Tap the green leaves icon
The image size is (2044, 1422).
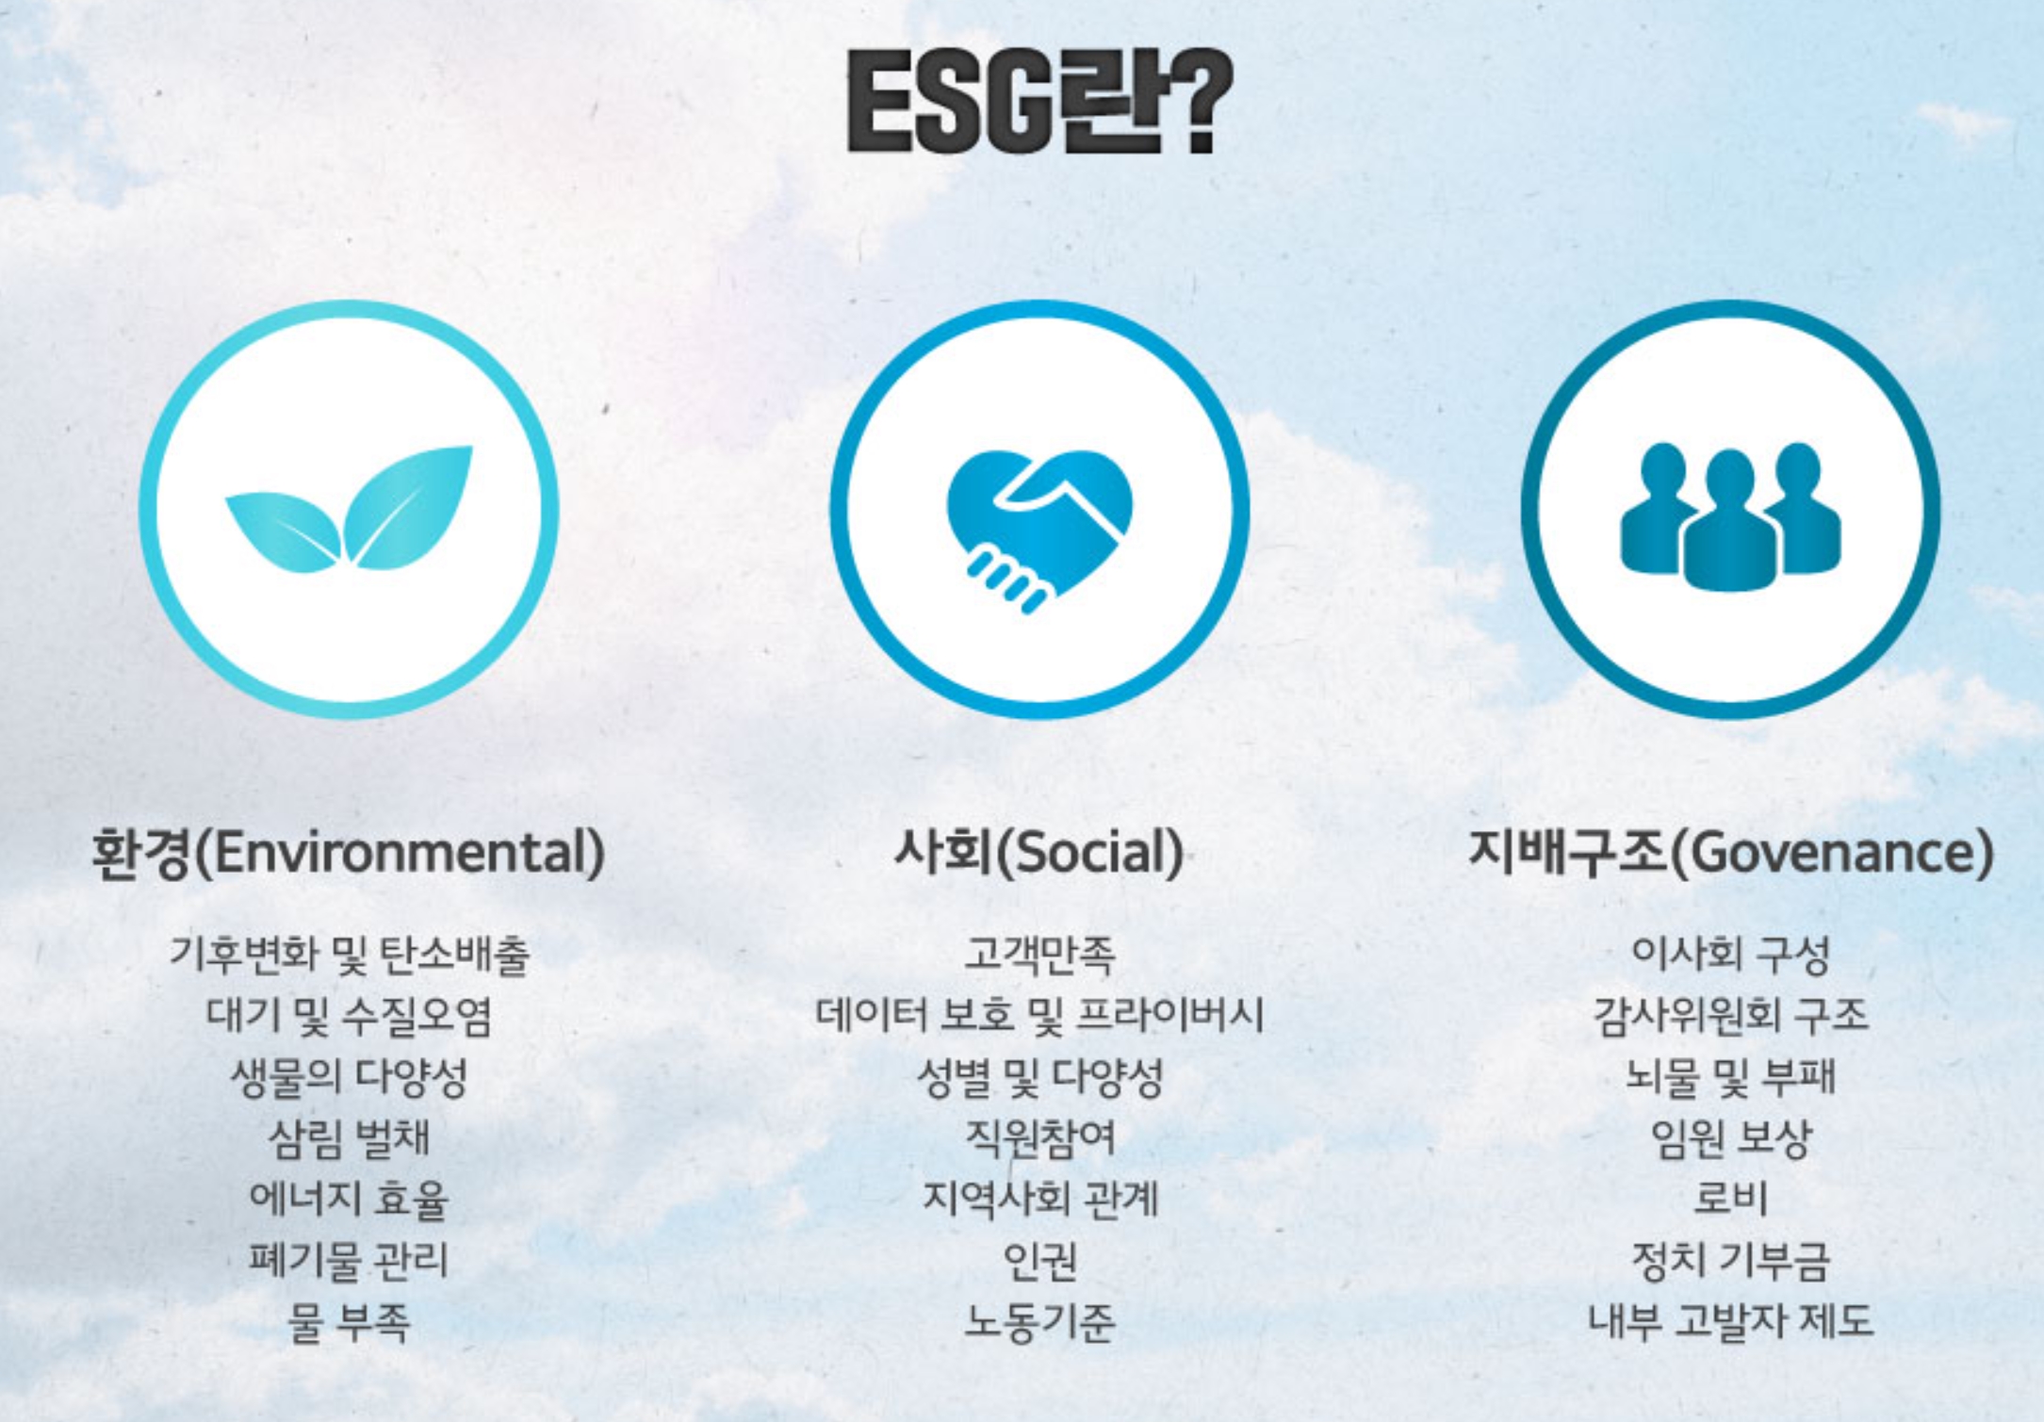pos(350,509)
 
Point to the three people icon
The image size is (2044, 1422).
pos(1730,516)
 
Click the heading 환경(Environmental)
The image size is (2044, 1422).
pos(348,853)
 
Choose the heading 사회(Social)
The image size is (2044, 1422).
pos(1038,853)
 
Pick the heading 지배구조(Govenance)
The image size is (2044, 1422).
pos(1731,853)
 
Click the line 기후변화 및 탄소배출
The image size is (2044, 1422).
pos(349,955)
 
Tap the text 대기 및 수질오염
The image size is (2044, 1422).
pos(349,1016)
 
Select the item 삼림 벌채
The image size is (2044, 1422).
pos(349,1138)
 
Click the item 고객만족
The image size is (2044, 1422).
pos(1039,955)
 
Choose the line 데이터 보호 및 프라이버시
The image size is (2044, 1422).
pos(1039,1016)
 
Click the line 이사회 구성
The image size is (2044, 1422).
pos(1730,955)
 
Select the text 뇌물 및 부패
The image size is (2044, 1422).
pos(1730,1077)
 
